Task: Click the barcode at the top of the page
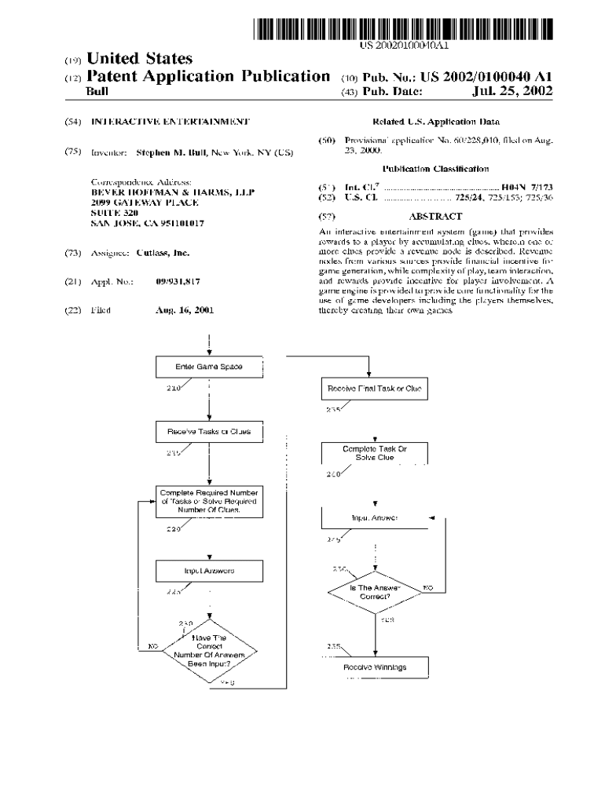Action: [x=403, y=29]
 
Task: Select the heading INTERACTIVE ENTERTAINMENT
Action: [x=170, y=122]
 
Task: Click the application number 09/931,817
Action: [x=178, y=281]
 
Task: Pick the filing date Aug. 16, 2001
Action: [x=185, y=310]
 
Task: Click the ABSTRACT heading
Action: [x=435, y=216]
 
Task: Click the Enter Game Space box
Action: [x=209, y=367]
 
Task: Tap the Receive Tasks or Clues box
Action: [x=209, y=432]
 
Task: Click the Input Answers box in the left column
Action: [x=209, y=571]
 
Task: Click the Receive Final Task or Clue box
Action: [x=374, y=389]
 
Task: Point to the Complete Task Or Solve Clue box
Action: [x=375, y=453]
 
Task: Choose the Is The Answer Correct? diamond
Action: [x=375, y=591]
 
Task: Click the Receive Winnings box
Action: [x=375, y=667]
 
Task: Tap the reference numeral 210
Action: [x=174, y=388]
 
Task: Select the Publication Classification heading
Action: [x=435, y=169]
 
